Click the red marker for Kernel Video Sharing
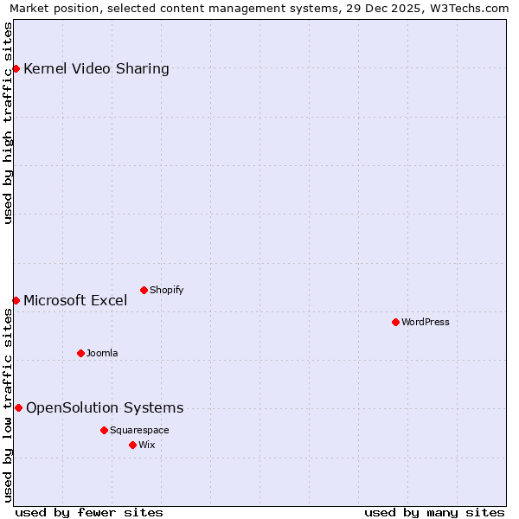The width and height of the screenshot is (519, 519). click(x=16, y=68)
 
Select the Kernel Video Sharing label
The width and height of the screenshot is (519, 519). click(x=96, y=69)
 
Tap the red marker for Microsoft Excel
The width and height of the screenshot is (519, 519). click(x=16, y=300)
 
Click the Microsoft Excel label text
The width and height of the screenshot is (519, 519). click(x=75, y=301)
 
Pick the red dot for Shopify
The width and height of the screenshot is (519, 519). click(x=144, y=290)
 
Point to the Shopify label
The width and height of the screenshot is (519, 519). click(x=166, y=291)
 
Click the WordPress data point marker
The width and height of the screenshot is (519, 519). click(x=395, y=322)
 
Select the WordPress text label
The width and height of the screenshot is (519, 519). click(x=425, y=323)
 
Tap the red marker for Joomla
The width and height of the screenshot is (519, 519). click(x=80, y=353)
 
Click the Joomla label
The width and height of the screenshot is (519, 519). click(x=102, y=354)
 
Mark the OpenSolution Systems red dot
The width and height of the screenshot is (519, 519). click(x=18, y=407)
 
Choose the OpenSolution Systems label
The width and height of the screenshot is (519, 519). click(x=105, y=408)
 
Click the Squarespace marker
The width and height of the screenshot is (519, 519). click(x=104, y=430)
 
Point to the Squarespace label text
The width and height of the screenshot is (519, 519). click(x=139, y=431)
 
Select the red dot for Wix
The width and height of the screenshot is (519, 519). click(x=132, y=445)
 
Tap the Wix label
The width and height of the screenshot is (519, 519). click(x=146, y=445)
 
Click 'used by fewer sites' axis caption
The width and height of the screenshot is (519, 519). click(x=89, y=512)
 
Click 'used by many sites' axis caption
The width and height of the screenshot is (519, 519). click(x=434, y=512)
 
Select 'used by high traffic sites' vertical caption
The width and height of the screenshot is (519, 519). click(x=9, y=123)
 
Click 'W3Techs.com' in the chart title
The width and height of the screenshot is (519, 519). click(x=472, y=8)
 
